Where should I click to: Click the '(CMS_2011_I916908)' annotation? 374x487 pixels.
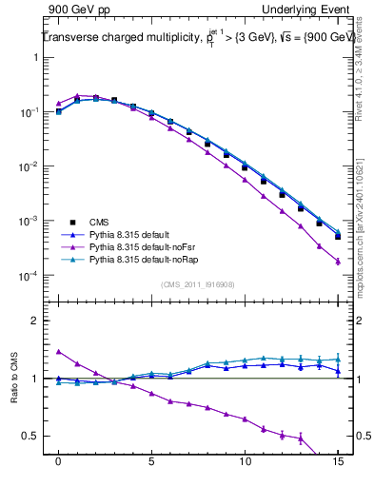click(x=198, y=284)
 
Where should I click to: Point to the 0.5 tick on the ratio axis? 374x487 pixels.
click(x=35, y=436)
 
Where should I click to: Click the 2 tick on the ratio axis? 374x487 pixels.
click(x=39, y=321)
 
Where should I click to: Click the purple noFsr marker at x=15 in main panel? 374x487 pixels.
click(x=337, y=261)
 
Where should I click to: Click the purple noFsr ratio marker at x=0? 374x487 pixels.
click(x=59, y=352)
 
